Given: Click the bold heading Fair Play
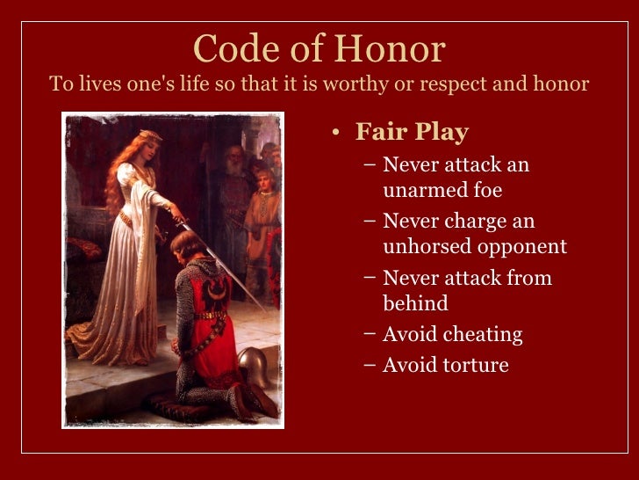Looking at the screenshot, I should pos(412,133).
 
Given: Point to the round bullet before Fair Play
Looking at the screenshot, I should pos(335,134).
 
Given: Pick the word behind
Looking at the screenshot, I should pos(415,303).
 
